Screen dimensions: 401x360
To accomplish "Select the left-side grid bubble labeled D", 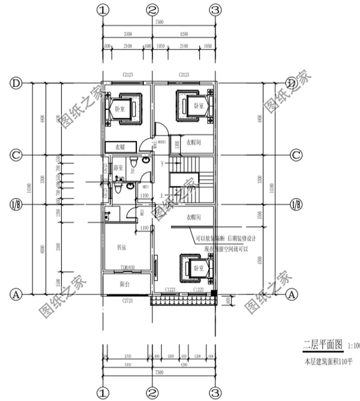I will coord(16,83).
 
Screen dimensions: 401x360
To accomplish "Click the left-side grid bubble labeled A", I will coord(16,293).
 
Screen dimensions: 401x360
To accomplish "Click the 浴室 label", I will coord(118,168).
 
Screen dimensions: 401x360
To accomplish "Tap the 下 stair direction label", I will coord(162,164).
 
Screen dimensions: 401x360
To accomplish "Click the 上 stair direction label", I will coord(162,195).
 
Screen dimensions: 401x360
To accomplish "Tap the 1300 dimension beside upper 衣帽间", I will coord(177,144).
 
